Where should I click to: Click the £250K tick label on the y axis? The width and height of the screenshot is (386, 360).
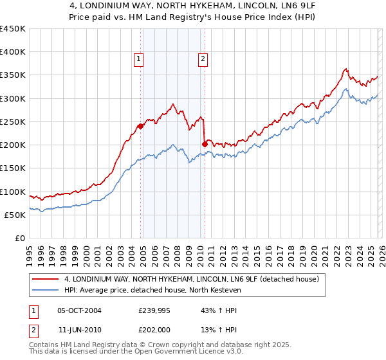[x=13, y=122]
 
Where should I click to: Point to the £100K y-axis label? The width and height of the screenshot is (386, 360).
[x=13, y=192]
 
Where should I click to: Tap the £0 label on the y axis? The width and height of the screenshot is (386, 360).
[x=21, y=238]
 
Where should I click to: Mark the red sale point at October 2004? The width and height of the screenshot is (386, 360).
[x=140, y=126]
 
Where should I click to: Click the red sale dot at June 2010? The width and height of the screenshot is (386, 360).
[x=205, y=144]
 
